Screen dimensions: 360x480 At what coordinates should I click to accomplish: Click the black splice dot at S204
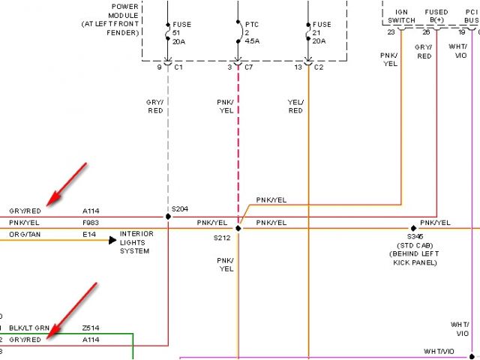point(168,217)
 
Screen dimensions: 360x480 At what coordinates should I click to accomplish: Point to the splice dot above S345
point(412,227)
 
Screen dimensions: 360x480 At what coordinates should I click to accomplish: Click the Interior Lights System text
point(136,242)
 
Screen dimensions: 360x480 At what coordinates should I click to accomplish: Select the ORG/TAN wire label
point(25,234)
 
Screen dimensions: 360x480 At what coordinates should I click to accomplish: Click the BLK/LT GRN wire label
point(28,328)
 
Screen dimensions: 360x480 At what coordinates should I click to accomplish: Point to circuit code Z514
point(91,328)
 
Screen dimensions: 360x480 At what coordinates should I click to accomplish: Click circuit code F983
point(91,223)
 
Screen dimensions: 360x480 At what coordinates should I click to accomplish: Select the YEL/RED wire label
point(295,106)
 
